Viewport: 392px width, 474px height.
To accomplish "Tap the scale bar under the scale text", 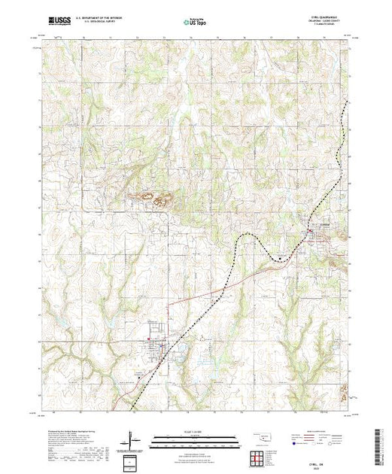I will (x=195, y=439).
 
